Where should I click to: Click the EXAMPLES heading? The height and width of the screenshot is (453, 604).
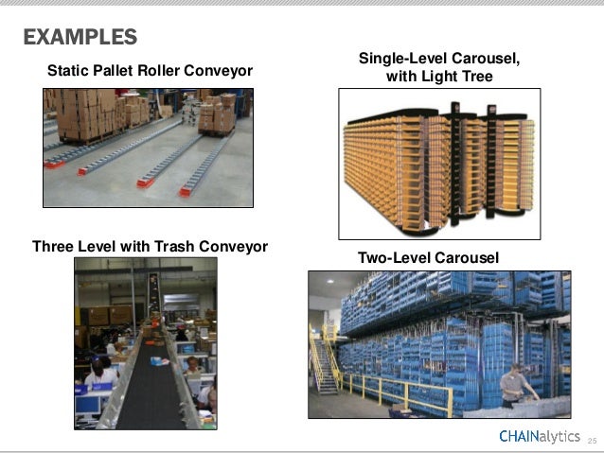pos(80,38)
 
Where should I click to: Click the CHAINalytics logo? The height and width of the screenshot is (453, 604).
pos(540,436)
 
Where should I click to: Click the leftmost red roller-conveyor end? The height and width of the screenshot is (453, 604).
pos(54,164)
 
